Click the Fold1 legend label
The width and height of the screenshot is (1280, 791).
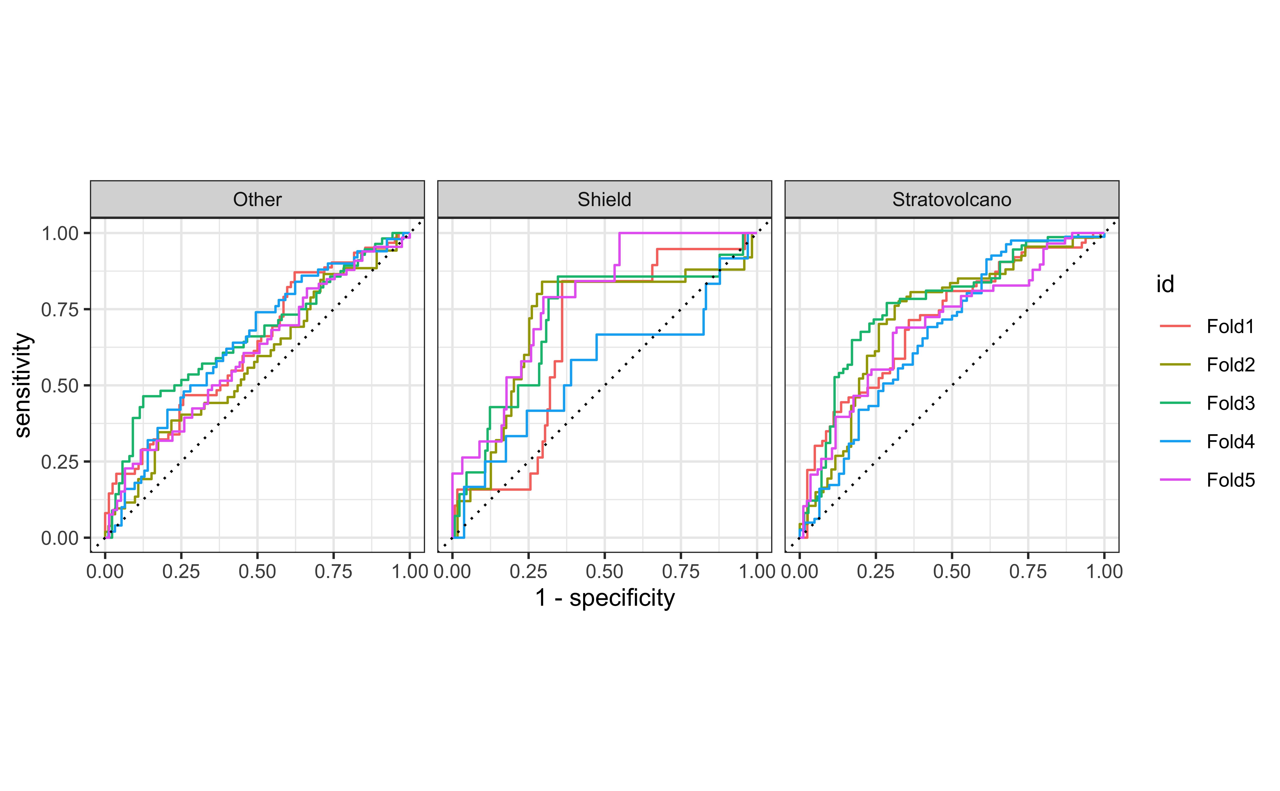pos(1230,326)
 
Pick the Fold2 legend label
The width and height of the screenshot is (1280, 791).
pos(1230,365)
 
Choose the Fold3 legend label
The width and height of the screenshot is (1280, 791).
pos(1230,403)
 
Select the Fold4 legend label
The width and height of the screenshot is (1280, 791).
pos(1230,441)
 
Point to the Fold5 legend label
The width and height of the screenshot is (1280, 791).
pos(1230,480)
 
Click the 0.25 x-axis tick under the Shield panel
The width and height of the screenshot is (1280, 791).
pos(528,571)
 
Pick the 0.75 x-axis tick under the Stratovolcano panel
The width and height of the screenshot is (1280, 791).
pos(1028,571)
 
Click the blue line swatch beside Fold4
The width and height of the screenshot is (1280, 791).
pos(1175,441)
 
